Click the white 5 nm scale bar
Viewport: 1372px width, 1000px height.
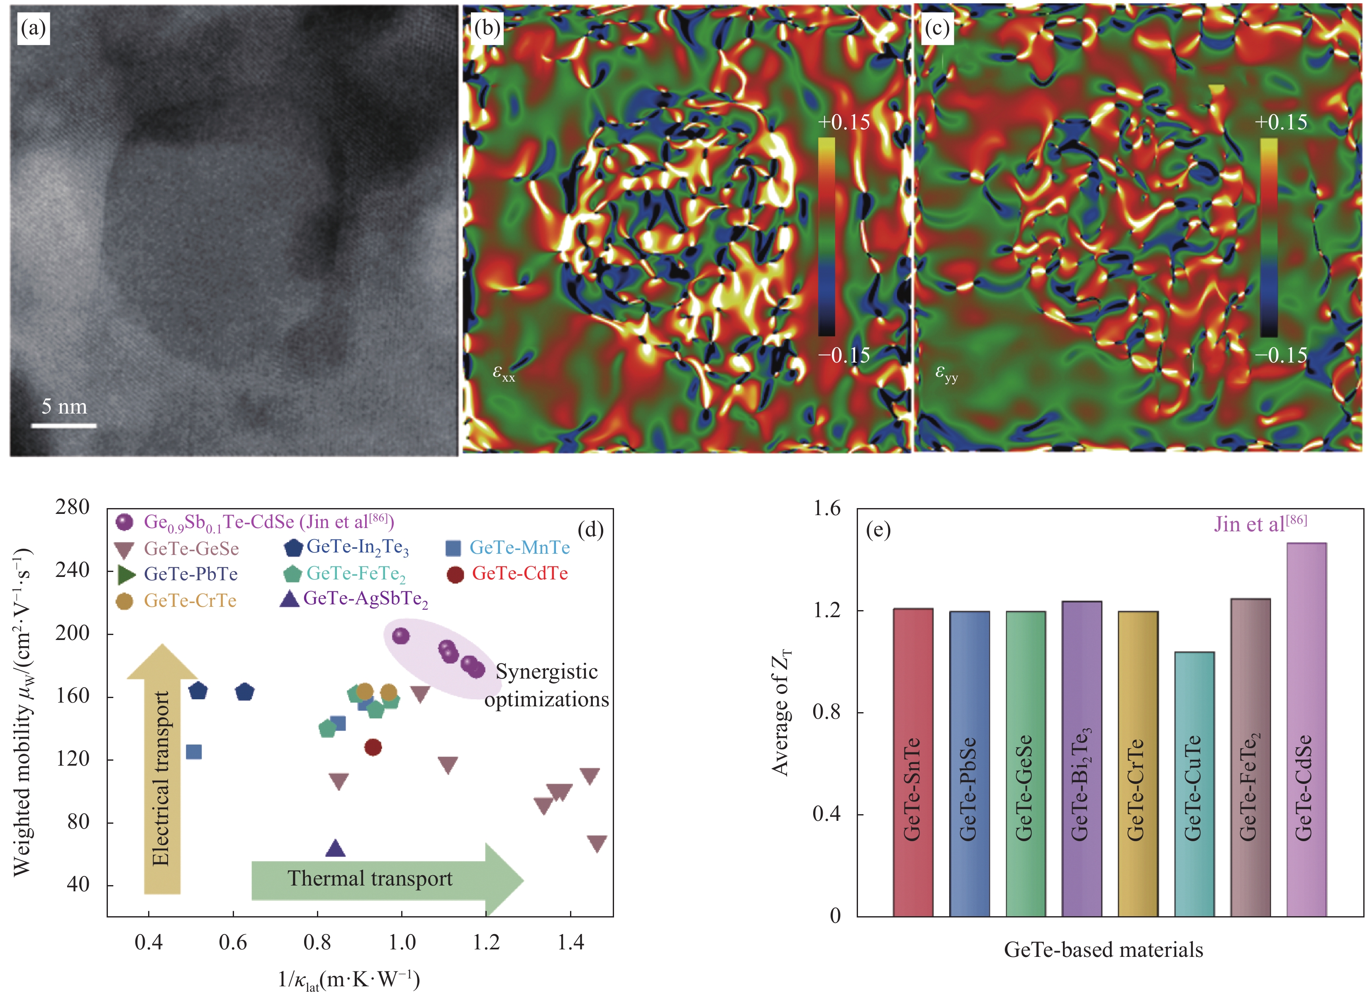pyautogui.click(x=63, y=426)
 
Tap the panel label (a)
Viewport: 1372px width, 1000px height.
pyautogui.click(x=33, y=29)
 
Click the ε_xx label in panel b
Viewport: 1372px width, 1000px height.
pyautogui.click(x=503, y=372)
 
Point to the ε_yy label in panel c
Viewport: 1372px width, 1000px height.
pyautogui.click(x=946, y=372)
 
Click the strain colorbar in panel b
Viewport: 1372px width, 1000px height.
pyautogui.click(x=826, y=236)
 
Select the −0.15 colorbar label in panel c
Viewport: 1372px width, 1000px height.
pyautogui.click(x=1281, y=355)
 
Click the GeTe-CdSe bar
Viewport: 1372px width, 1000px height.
pyautogui.click(x=1306, y=730)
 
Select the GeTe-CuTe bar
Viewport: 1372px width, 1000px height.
pyautogui.click(x=1194, y=784)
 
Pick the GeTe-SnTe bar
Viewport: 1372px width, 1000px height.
pyautogui.click(x=912, y=763)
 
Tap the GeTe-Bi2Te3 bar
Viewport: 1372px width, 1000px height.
pyautogui.click(x=1081, y=759)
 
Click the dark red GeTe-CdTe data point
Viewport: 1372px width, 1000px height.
pyautogui.click(x=373, y=747)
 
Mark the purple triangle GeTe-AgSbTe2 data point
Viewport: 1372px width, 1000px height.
pyautogui.click(x=336, y=849)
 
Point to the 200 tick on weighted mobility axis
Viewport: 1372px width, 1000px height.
pyautogui.click(x=72, y=633)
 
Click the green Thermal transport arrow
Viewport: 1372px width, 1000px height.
pyautogui.click(x=387, y=879)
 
